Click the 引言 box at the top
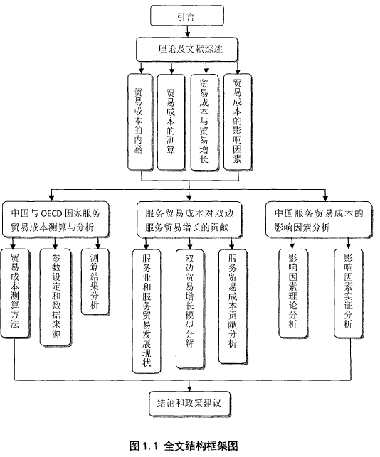(x=187, y=16)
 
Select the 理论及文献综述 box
(x=186, y=49)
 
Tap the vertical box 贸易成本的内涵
(x=140, y=122)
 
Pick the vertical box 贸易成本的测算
(x=171, y=122)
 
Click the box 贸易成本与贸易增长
(x=204, y=122)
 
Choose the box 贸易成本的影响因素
(x=238, y=122)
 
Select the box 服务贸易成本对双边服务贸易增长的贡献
(x=190, y=220)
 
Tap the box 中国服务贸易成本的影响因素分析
(x=319, y=220)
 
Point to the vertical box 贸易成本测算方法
(x=15, y=294)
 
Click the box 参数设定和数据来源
(x=56, y=297)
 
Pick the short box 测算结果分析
(x=95, y=282)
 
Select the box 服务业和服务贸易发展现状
(x=147, y=311)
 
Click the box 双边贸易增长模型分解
(x=190, y=309)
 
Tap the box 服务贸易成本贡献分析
(x=233, y=306)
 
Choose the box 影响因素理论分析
(x=293, y=294)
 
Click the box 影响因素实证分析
(x=349, y=294)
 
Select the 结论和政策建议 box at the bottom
(x=190, y=404)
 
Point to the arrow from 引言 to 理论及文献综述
(x=187, y=31)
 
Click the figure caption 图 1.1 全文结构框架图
(x=184, y=446)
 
